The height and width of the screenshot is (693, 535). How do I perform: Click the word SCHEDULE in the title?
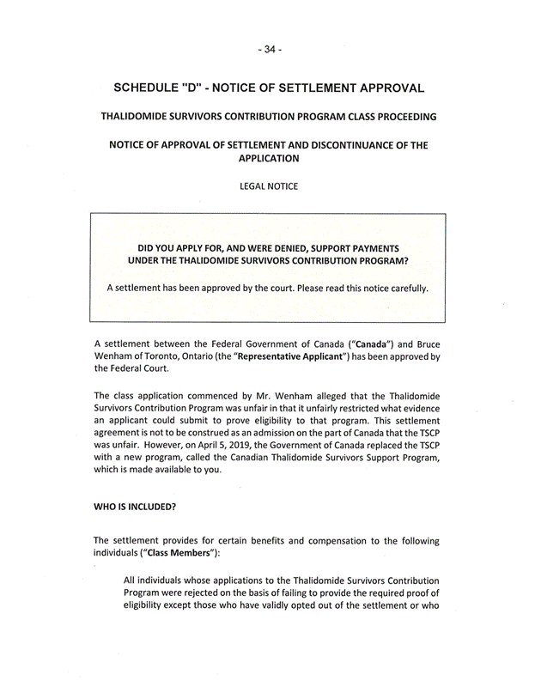[x=155, y=88]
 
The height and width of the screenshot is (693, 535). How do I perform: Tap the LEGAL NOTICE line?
[x=268, y=186]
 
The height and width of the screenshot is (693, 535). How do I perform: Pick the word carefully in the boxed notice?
[x=404, y=288]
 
